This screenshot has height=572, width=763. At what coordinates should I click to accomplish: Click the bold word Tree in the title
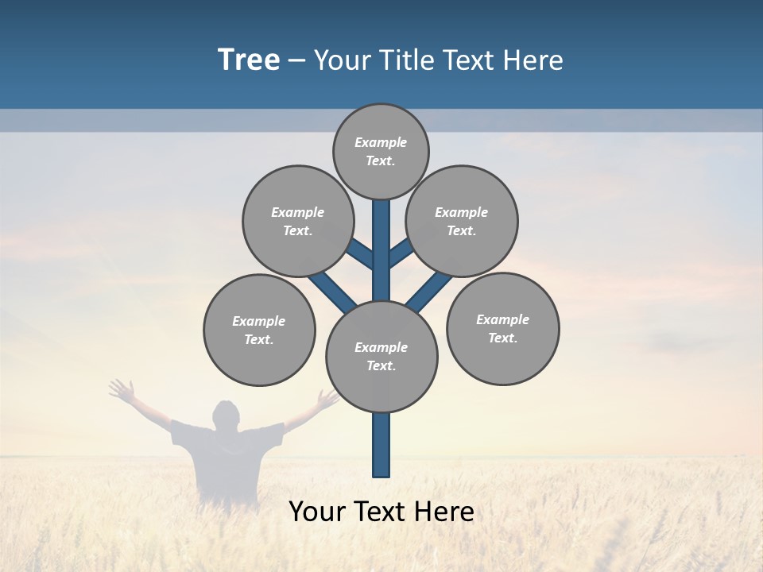click(x=249, y=60)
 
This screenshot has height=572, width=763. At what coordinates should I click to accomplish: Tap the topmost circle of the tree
click(x=381, y=152)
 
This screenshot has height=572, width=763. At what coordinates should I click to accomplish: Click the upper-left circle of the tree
click(x=298, y=221)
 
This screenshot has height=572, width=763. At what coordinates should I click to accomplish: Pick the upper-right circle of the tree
click(x=462, y=221)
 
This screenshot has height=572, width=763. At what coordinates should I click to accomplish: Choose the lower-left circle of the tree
click(x=259, y=330)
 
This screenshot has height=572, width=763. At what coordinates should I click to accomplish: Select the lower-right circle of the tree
click(x=503, y=328)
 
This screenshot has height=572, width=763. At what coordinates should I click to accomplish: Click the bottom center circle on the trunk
click(x=381, y=357)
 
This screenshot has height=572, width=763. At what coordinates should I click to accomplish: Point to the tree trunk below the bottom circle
click(x=381, y=445)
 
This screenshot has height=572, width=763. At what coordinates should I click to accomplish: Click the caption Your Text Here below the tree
click(x=381, y=512)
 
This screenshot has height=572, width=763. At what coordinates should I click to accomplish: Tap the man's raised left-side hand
click(x=121, y=389)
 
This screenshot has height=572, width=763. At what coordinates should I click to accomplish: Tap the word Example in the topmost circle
click(x=381, y=143)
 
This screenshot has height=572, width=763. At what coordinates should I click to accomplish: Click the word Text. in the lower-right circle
click(x=502, y=338)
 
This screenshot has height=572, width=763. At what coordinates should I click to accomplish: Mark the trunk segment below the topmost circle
click(x=381, y=238)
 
